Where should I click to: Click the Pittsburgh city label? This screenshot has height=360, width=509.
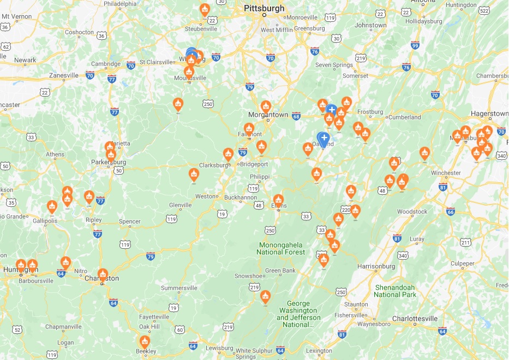(265, 8)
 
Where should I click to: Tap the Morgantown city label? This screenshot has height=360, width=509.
(268, 115)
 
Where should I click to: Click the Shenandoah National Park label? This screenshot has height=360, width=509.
(396, 291)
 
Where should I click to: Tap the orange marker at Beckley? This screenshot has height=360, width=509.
(144, 342)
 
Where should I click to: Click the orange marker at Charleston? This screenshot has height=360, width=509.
(103, 274)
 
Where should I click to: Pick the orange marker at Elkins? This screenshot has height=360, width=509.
(278, 201)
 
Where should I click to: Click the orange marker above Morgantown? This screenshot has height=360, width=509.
(266, 106)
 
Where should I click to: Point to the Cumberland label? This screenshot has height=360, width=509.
(404, 117)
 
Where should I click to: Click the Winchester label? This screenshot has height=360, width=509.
(446, 173)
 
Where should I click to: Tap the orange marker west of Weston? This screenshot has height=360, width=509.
(194, 175)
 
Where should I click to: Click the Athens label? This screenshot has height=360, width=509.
(55, 154)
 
